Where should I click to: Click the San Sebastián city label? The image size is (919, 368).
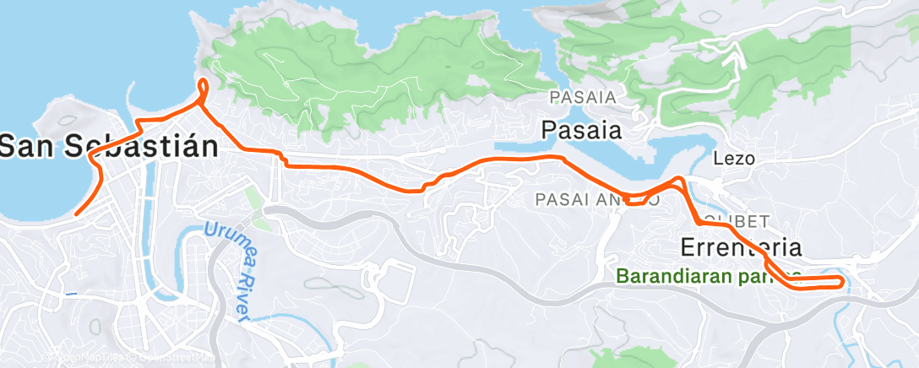pos(108,145)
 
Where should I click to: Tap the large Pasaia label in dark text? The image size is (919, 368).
pos(581,130)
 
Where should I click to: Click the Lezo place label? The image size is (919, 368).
pos(733,158)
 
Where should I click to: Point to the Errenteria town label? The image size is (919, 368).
pos(741,247)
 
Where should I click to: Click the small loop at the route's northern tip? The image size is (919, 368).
pos(203,88)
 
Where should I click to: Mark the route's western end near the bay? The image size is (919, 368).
pos(75,214)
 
